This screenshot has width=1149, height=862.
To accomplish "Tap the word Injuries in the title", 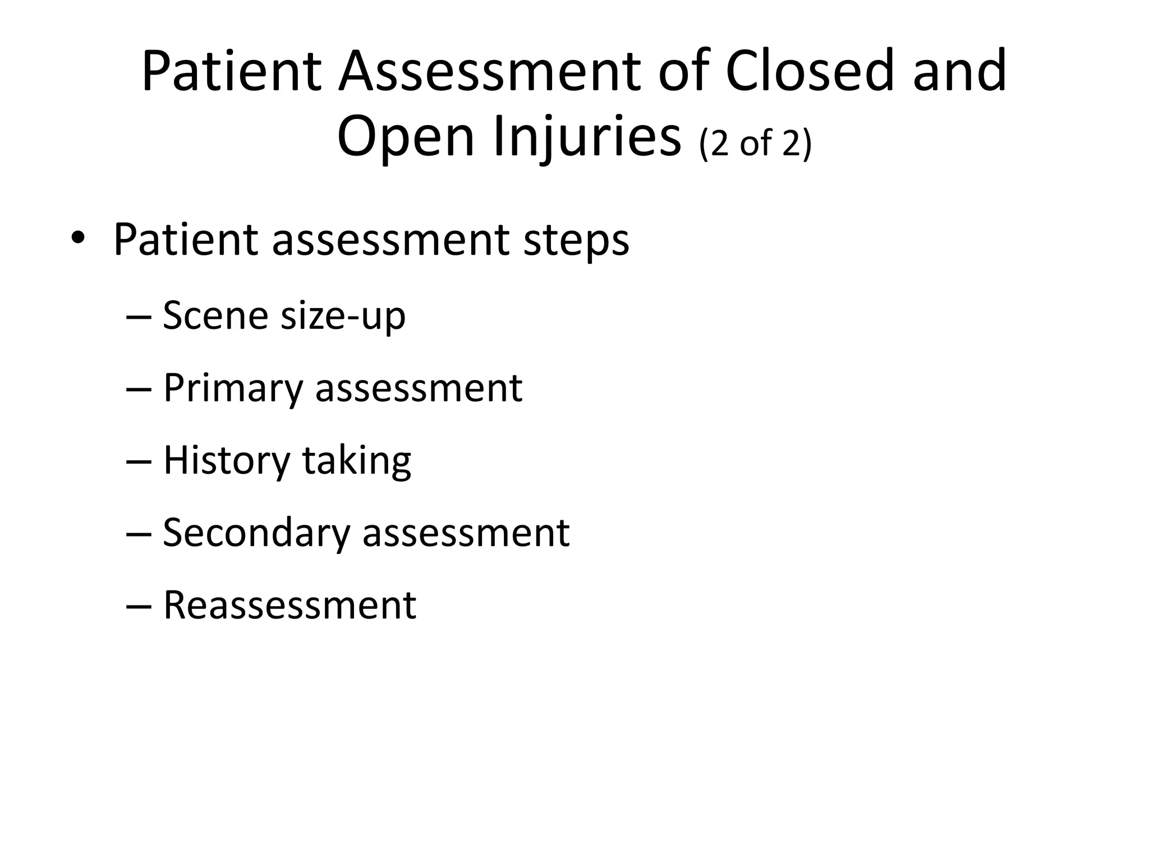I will coord(587,138).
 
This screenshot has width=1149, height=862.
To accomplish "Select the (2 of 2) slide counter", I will coord(756,144).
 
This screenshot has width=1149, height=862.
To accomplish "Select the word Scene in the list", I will coord(216,315).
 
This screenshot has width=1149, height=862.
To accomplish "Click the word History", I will coord(227,461).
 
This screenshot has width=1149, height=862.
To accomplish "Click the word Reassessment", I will coord(289,605).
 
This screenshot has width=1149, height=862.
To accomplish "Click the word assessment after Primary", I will coord(419,388).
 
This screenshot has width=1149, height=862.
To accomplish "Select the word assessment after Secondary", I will coord(466,532).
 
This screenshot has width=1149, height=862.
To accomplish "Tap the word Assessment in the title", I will coord(489,72).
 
